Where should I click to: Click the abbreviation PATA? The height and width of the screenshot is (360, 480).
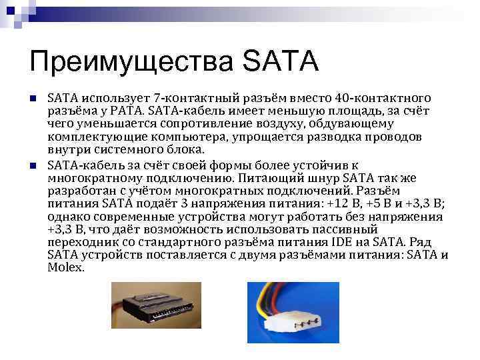128,111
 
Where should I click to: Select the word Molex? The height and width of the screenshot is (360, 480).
65,267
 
